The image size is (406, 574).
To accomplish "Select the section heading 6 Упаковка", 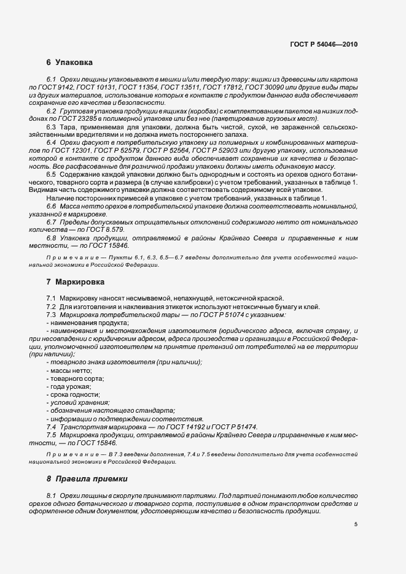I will pos(69,63).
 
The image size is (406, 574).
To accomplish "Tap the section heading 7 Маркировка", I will pos(76,283).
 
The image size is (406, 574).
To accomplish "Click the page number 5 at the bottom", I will pos(356,524).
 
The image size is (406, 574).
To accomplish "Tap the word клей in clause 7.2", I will pos(311,307).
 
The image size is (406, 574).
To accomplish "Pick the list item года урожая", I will pos(69,386).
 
